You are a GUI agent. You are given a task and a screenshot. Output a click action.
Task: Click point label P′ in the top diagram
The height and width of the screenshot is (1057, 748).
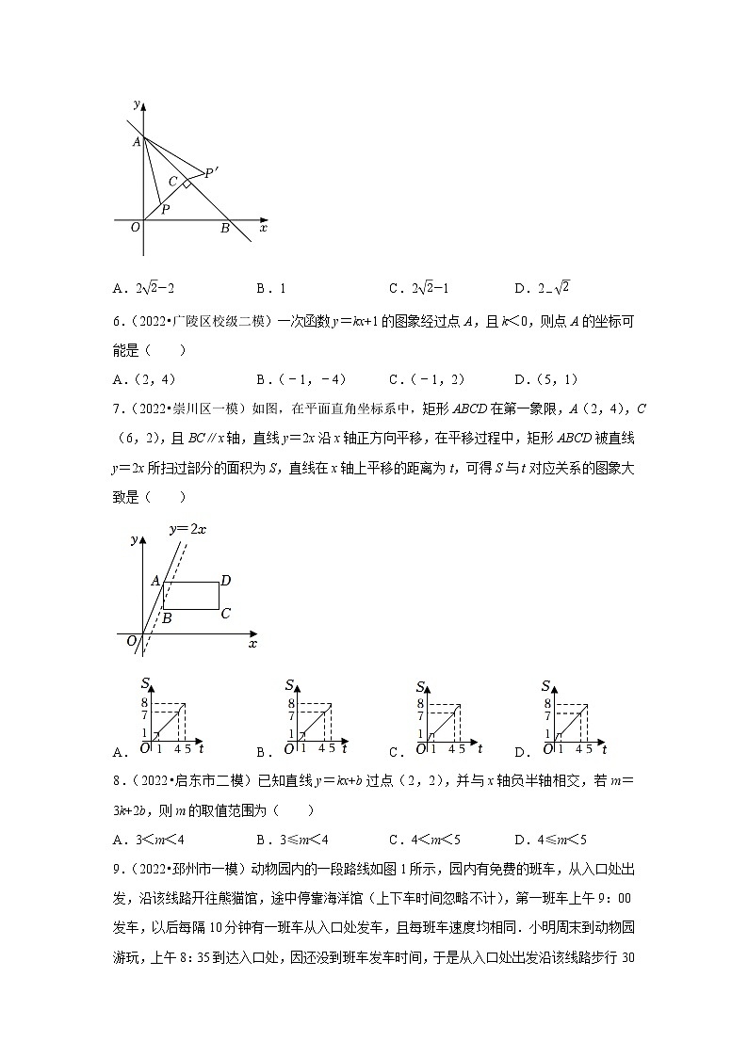tap(212, 171)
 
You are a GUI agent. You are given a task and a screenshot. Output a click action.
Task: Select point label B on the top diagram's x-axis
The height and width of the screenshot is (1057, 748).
tap(225, 228)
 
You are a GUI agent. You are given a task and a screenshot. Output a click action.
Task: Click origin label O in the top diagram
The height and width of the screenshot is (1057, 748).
tap(135, 228)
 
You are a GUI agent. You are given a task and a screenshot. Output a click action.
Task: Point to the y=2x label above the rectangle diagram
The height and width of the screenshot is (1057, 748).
tap(187, 529)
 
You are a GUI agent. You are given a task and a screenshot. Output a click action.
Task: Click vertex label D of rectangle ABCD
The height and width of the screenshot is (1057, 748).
tap(225, 580)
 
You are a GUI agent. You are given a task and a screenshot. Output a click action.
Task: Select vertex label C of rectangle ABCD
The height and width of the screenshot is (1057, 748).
tap(225, 615)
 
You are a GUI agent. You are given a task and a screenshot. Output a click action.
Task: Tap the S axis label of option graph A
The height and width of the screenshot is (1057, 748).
tap(146, 684)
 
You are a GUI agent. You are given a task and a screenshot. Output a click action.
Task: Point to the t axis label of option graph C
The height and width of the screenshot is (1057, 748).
tap(480, 747)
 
